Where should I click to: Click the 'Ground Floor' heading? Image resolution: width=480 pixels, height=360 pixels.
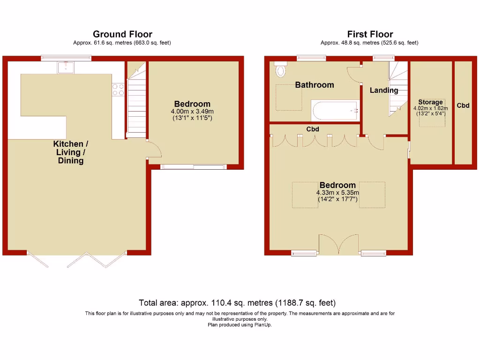[122, 34]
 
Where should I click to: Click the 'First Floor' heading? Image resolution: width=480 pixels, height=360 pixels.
[370, 34]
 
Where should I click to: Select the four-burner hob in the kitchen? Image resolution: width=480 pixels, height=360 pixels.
[118, 90]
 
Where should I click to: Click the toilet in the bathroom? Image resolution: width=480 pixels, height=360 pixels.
[281, 69]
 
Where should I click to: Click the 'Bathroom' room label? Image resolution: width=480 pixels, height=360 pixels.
[314, 85]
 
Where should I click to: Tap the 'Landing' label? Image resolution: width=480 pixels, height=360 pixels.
[384, 90]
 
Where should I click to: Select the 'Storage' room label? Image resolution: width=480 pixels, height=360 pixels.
[430, 102]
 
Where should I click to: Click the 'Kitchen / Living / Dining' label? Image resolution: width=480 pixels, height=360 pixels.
[71, 152]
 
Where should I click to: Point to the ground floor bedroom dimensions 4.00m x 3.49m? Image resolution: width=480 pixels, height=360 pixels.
[192, 112]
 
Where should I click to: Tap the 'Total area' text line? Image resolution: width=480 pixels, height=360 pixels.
[237, 303]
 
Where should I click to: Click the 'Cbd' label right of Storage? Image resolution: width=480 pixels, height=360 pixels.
[463, 106]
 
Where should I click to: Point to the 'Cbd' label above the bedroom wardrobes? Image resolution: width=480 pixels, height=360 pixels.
[313, 129]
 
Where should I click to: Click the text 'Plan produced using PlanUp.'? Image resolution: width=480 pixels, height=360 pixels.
[240, 324]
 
